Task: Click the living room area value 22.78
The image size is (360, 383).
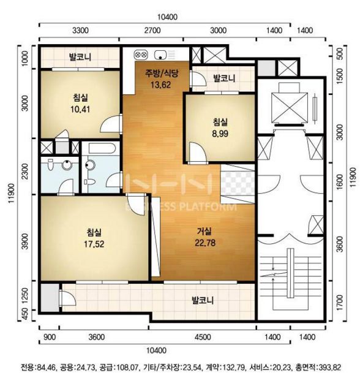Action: click(x=205, y=243)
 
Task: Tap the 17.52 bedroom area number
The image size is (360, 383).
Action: click(x=94, y=244)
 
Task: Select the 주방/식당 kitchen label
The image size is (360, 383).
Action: click(x=162, y=74)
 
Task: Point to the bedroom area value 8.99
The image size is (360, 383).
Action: click(x=220, y=134)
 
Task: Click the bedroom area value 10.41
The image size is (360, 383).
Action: click(x=80, y=109)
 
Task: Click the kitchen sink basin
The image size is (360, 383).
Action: click(x=160, y=55)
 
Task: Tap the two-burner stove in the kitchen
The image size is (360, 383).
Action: click(x=141, y=55)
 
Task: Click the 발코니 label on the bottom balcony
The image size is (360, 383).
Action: click(x=203, y=300)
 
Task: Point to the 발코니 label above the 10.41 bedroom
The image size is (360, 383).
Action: click(x=80, y=57)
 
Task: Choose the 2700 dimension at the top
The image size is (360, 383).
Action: click(x=152, y=31)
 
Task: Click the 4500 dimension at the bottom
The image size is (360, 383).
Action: click(x=203, y=337)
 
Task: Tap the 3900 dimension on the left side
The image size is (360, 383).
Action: click(x=25, y=241)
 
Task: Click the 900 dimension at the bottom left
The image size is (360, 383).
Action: click(x=50, y=337)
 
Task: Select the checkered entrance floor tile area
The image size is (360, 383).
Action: click(x=238, y=184)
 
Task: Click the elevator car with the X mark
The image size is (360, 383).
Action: click(x=290, y=108)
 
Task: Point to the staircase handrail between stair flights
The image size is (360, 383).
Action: click(x=290, y=273)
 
